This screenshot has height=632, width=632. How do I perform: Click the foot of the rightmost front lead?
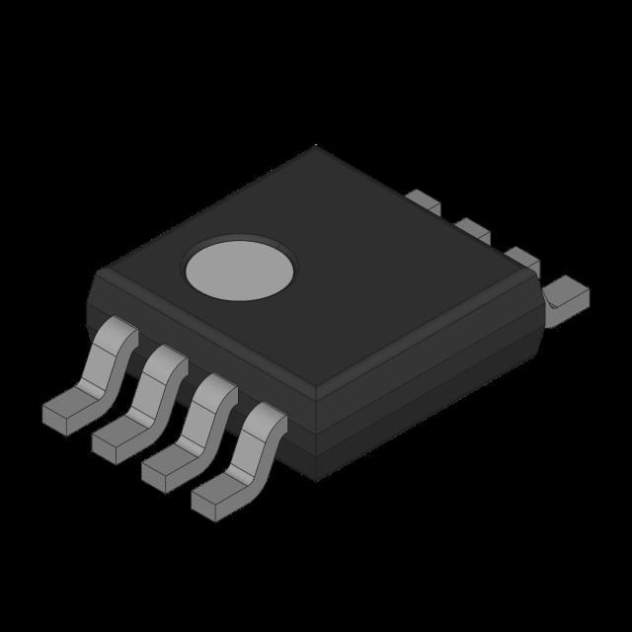pos(214,498)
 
